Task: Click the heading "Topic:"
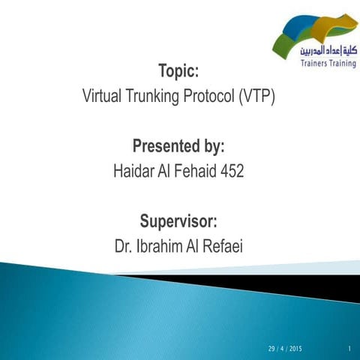click(x=178, y=73)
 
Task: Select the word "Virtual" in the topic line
click(x=104, y=97)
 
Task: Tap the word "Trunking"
click(x=157, y=97)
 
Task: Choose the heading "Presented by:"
click(x=178, y=145)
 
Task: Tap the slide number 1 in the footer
click(x=350, y=349)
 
